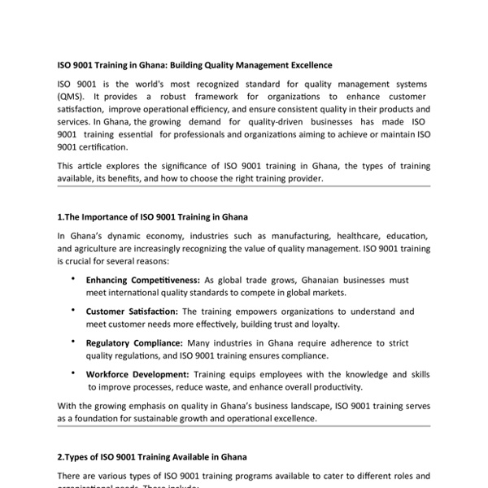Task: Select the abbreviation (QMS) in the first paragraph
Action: point(71,97)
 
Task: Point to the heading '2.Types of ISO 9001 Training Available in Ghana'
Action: point(152,457)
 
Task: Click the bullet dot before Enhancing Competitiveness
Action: point(74,278)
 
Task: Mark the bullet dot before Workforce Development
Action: point(74,373)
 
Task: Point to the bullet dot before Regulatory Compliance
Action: point(74,341)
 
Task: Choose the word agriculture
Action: point(98,248)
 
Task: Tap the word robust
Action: point(140,97)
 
